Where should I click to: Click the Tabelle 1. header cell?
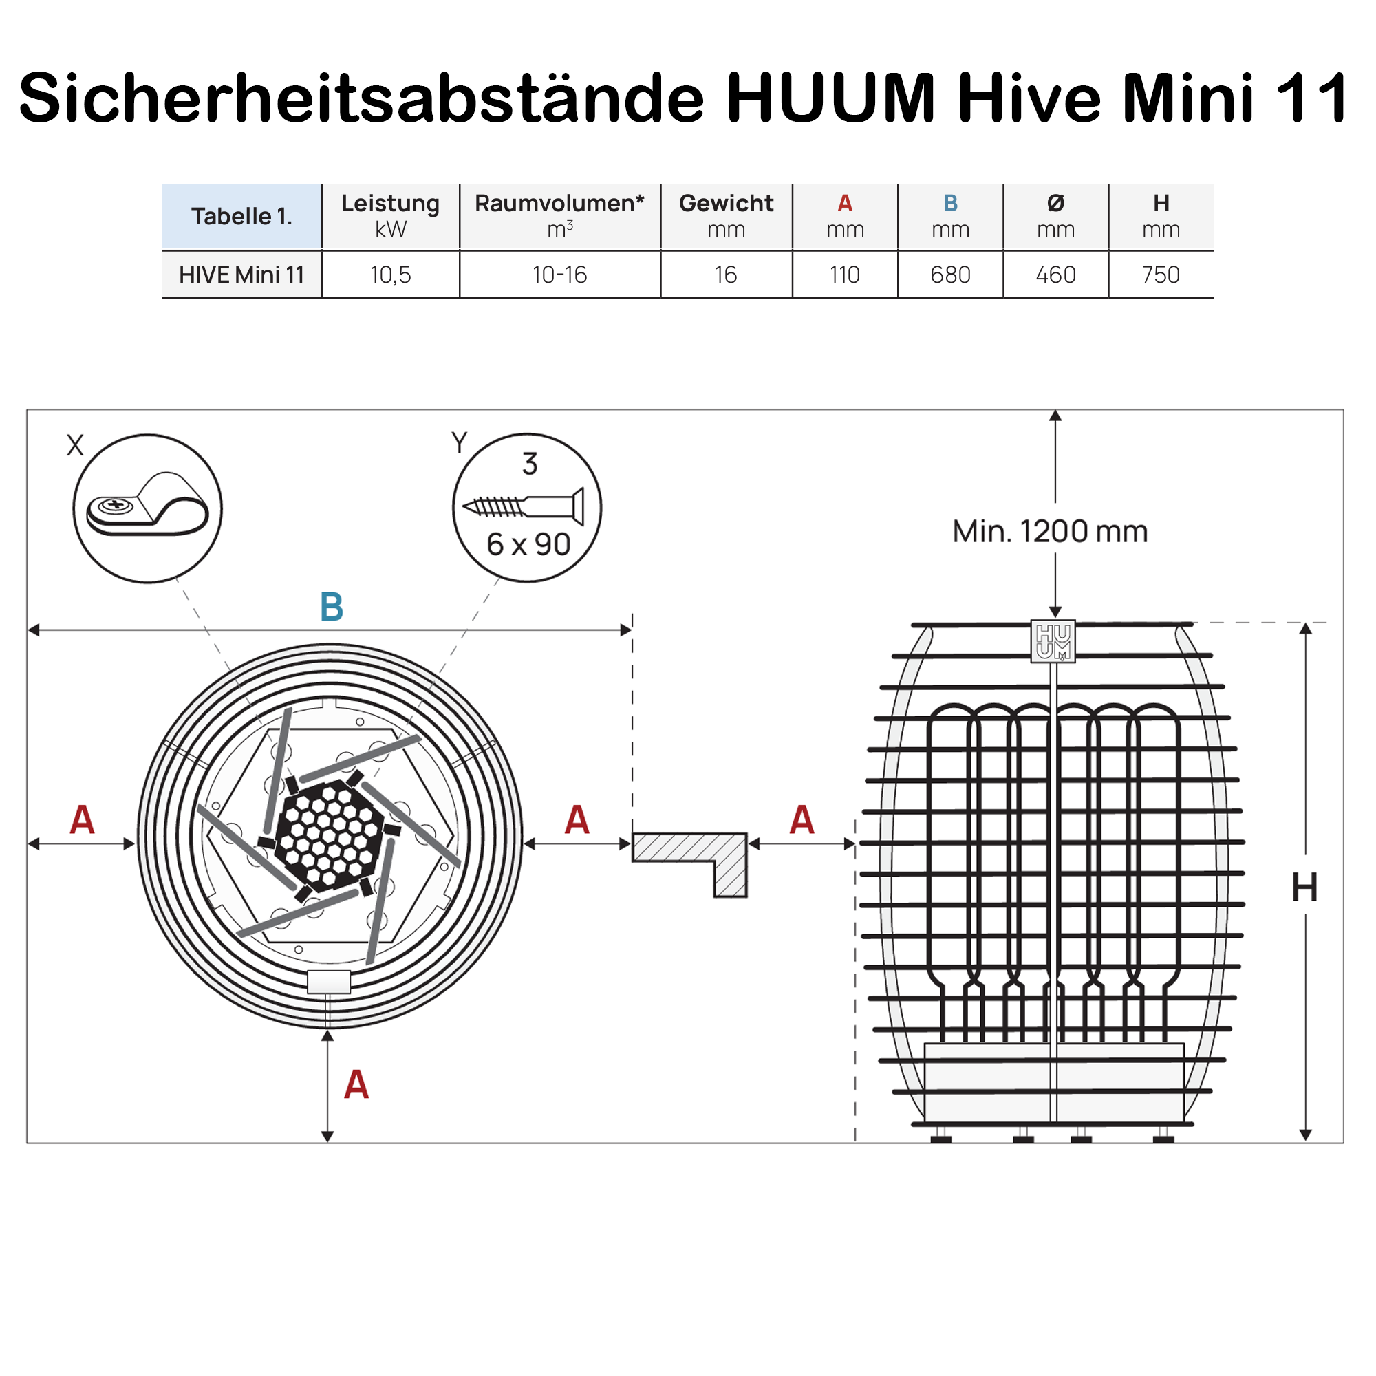241,216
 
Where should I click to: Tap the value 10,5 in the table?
390,275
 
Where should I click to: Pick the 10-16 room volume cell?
560,275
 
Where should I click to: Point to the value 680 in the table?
950,275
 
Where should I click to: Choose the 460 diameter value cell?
1055,275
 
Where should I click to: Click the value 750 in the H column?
1161,275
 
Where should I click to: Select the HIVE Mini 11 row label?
241,275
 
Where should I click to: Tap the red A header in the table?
845,204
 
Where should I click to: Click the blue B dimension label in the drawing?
332,607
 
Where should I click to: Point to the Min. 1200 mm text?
1050,531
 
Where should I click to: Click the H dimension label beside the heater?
1304,888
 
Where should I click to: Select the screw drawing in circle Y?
524,506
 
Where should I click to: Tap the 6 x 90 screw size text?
528,545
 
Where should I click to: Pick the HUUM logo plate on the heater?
1053,641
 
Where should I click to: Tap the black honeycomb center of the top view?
328,835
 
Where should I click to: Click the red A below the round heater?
356,1085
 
